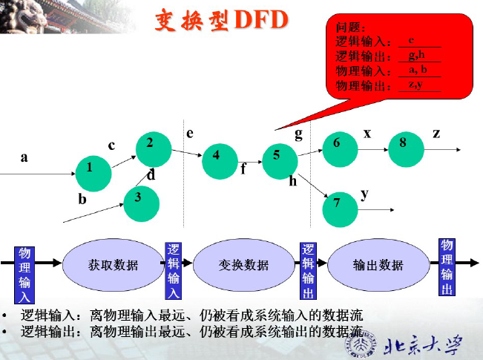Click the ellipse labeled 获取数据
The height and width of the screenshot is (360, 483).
pos(113,264)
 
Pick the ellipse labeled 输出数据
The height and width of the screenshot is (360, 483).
pos(378,264)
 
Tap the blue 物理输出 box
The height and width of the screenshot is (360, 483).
pos(447,266)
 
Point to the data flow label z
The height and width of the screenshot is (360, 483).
pos(436,133)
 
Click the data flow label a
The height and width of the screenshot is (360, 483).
pos(24,157)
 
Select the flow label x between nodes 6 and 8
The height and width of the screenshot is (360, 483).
pos(367,133)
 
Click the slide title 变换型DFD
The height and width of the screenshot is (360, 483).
pos(220,20)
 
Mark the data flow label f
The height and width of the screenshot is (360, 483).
pos(243,168)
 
